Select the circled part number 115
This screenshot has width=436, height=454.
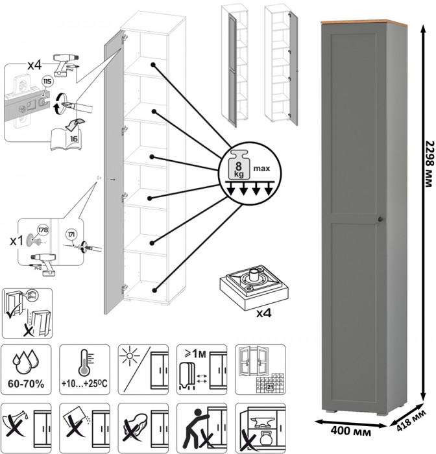47,82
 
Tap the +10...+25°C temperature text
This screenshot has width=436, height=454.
84,384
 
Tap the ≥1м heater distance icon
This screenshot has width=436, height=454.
201,369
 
